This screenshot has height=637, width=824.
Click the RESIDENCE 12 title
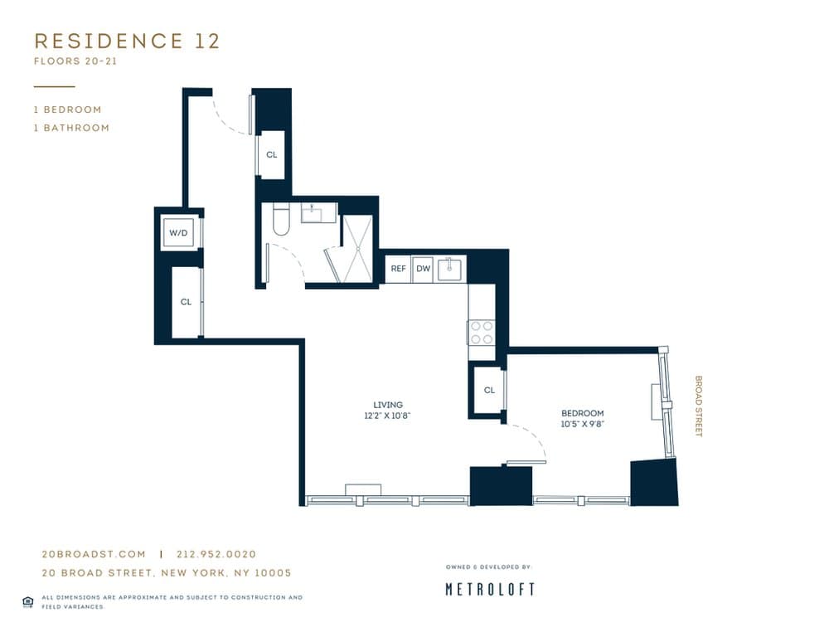tap(127, 41)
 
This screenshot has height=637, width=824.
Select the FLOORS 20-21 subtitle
tap(75, 61)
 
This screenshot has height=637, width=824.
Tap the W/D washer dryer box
tap(179, 233)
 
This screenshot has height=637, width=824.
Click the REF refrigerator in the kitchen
tap(398, 269)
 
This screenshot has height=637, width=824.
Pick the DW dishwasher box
tap(423, 269)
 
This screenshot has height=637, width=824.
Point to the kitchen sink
tap(451, 269)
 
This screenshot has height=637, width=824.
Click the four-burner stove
tap(482, 333)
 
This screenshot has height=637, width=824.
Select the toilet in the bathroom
tap(279, 219)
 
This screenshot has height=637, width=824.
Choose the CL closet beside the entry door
tap(272, 154)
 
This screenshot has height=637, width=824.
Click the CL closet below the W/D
tap(186, 302)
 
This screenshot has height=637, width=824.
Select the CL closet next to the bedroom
tap(489, 390)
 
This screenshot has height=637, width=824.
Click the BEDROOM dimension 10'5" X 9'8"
tap(582, 424)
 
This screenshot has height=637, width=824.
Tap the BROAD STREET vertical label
tap(698, 406)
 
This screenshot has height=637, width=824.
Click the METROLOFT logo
tap(490, 589)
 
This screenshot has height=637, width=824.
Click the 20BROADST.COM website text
tap(94, 554)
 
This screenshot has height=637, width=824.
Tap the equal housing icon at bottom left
tap(27, 601)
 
